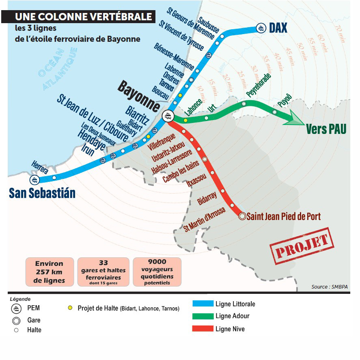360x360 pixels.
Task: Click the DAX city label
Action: tap(278, 28)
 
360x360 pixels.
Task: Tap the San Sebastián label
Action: tap(42, 193)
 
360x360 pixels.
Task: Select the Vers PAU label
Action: tap(326, 129)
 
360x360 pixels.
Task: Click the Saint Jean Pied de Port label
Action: tap(284, 216)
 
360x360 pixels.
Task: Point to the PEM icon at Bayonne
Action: tap(167, 116)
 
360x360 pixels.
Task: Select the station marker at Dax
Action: tap(261, 28)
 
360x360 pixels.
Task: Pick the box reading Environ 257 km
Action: tap(50, 272)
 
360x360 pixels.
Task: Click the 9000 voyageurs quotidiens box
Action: tap(157, 272)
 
